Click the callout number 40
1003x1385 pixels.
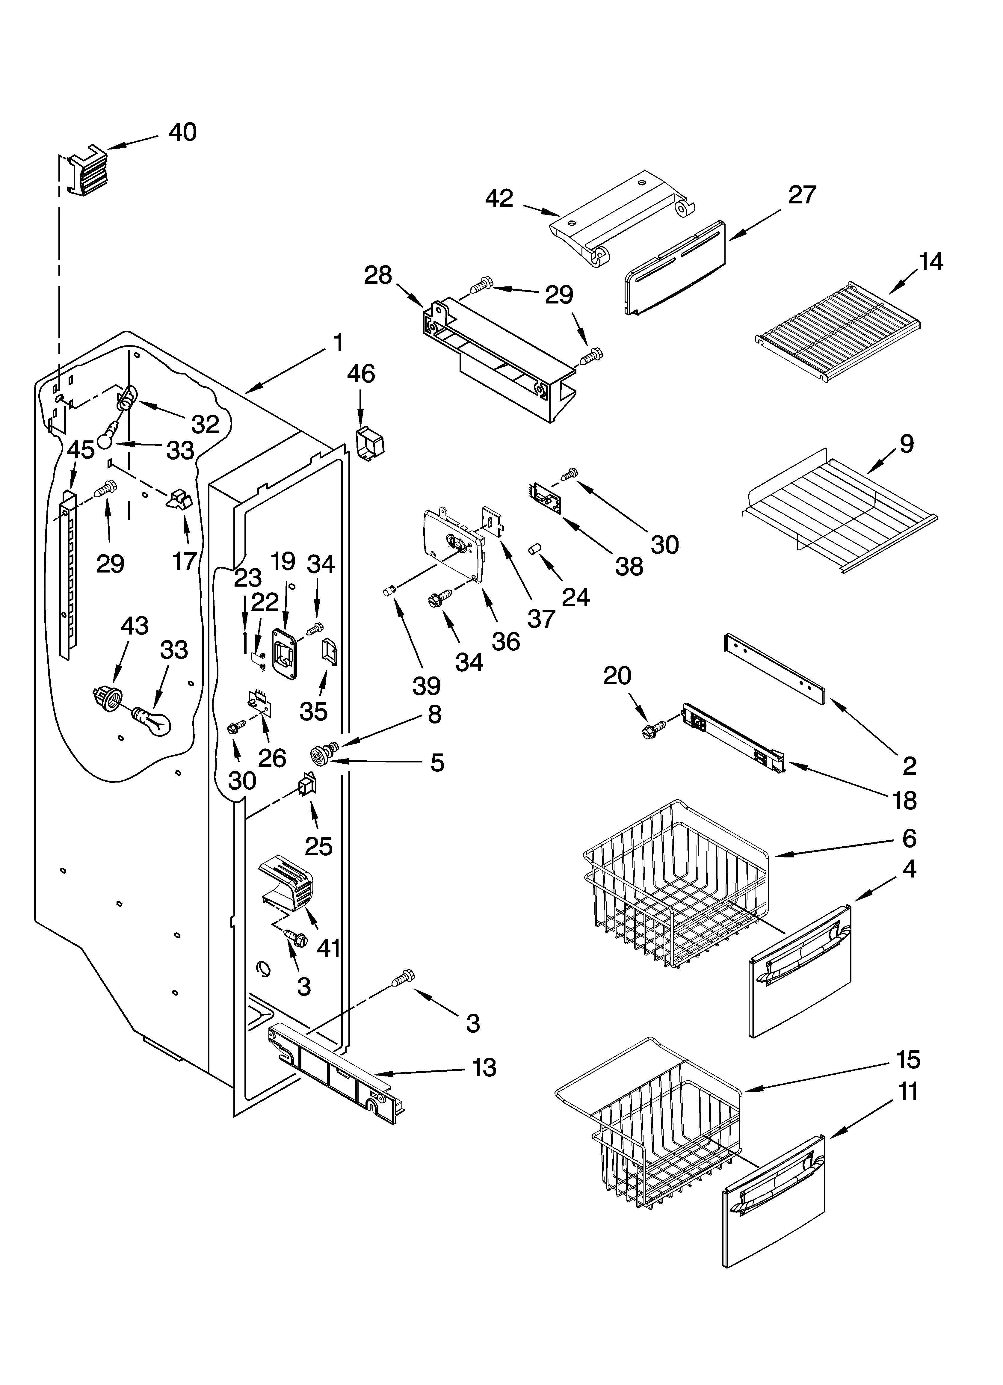click(182, 132)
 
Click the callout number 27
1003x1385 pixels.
click(801, 195)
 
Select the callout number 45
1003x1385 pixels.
click(81, 450)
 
